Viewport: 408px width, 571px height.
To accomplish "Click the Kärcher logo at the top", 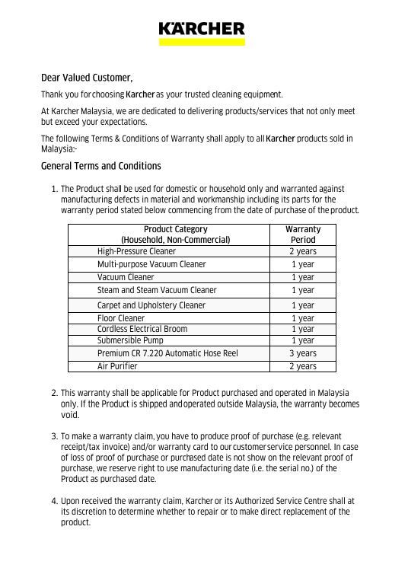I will pos(202,29).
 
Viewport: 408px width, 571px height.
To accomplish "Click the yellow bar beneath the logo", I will pos(202,43).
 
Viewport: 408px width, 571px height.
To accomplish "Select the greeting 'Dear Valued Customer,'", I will pos(87,78).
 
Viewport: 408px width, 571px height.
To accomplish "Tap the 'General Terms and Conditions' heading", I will pos(100,166).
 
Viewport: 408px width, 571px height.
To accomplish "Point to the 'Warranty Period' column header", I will pos(302,234).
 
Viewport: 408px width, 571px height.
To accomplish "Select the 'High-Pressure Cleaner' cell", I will pos(136,251).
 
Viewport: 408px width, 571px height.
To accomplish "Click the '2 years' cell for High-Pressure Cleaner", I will pos(302,251).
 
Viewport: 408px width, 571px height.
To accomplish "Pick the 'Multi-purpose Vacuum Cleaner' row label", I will pos(151,264).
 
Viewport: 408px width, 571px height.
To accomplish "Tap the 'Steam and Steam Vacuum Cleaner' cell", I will pos(157,290).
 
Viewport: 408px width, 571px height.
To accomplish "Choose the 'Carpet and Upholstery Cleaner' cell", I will pos(151,305).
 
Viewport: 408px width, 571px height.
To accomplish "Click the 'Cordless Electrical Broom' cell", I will pos(142,329).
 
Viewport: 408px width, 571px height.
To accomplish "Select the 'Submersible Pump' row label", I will pos(130,340).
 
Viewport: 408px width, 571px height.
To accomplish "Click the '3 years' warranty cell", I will pos(302,353).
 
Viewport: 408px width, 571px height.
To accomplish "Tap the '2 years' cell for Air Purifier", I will pos(302,366).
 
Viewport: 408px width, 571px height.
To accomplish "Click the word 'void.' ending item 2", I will pos(70,416).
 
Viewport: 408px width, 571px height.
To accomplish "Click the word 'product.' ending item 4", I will pos(75,522).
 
